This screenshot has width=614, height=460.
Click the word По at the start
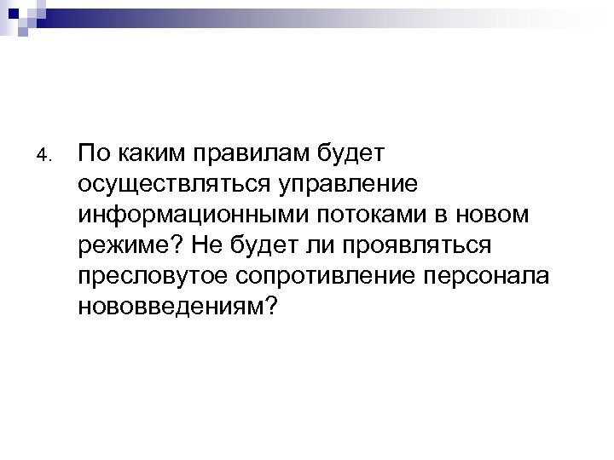[x=95, y=153]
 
